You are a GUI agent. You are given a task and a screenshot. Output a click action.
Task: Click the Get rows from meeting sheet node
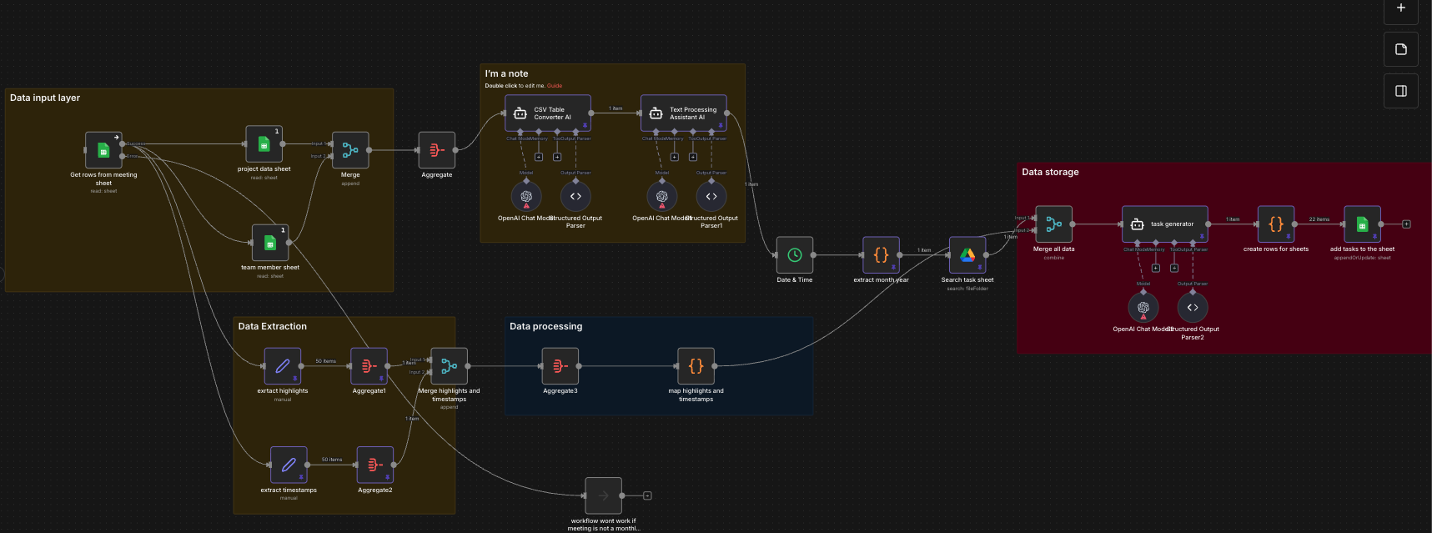pyautogui.click(x=103, y=150)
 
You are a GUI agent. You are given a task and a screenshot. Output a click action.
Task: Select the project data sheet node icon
pyautogui.click(x=264, y=144)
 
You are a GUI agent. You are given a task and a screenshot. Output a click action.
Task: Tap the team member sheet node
pyautogui.click(x=269, y=243)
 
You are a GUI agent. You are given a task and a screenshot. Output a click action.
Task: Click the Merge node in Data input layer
pyautogui.click(x=350, y=150)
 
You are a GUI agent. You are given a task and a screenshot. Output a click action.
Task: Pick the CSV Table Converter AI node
pyautogui.click(x=547, y=113)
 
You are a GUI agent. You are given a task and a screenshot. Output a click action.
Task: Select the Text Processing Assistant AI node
pyautogui.click(x=683, y=113)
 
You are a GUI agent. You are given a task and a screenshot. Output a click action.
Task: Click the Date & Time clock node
pyautogui.click(x=794, y=255)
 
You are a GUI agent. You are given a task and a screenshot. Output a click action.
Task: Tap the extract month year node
pyautogui.click(x=881, y=255)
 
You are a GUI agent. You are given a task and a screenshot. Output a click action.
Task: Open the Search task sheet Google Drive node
pyautogui.click(x=967, y=255)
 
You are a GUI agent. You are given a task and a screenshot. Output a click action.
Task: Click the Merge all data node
pyautogui.click(x=1053, y=224)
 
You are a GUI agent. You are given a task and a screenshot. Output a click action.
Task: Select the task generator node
pyautogui.click(x=1164, y=224)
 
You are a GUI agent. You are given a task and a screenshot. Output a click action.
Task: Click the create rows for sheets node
pyautogui.click(x=1276, y=224)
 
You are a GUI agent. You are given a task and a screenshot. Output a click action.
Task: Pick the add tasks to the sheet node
pyautogui.click(x=1362, y=224)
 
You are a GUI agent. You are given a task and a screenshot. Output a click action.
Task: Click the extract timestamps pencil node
pyautogui.click(x=289, y=465)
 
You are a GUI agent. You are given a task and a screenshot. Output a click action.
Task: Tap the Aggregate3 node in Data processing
pyautogui.click(x=560, y=366)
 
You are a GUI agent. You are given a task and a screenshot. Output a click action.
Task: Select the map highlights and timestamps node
pyautogui.click(x=696, y=366)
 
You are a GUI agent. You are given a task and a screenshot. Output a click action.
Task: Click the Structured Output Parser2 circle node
pyautogui.click(x=1193, y=308)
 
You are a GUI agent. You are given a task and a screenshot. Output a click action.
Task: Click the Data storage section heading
pyautogui.click(x=1050, y=172)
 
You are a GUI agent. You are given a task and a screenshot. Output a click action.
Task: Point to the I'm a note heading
pyautogui.click(x=506, y=73)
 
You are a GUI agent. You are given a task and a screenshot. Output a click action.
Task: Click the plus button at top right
pyautogui.click(x=1401, y=8)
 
